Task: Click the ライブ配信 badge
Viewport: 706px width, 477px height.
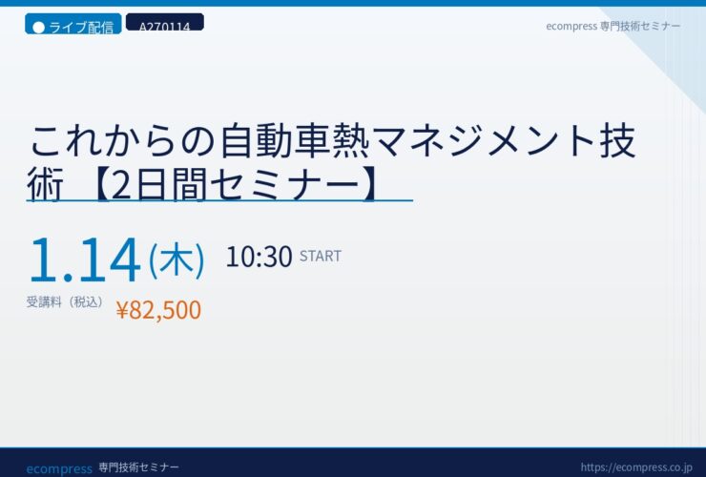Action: (73, 24)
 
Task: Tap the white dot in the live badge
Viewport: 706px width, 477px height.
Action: (39, 28)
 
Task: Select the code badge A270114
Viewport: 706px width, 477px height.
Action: (165, 23)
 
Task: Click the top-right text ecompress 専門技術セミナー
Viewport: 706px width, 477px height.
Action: (613, 26)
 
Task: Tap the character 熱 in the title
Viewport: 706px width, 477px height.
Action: (351, 141)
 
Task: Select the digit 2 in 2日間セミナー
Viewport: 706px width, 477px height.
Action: (122, 185)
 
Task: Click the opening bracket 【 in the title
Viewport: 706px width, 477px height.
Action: (98, 185)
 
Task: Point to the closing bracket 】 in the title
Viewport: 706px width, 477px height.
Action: (370, 185)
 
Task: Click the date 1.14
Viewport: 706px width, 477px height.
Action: (85, 259)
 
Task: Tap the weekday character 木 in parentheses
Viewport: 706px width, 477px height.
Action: (176, 259)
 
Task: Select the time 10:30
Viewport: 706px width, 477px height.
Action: (259, 257)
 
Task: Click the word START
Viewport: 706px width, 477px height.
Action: (321, 256)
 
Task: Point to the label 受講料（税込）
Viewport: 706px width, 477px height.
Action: (65, 301)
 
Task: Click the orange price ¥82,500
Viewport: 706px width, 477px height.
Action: (158, 310)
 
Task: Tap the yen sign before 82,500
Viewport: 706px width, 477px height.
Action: (122, 310)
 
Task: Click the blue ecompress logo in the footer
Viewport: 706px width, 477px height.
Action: (59, 469)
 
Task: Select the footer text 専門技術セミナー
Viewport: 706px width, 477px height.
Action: (138, 467)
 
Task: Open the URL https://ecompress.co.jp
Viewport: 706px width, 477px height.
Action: (636, 467)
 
